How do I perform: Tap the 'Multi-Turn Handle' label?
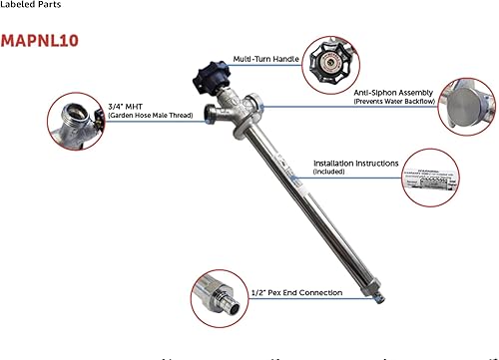[x=264, y=59]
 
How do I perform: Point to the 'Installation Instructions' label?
[x=356, y=163]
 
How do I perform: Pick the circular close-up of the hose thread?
[x=77, y=119]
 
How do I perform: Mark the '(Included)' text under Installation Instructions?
[x=329, y=173]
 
